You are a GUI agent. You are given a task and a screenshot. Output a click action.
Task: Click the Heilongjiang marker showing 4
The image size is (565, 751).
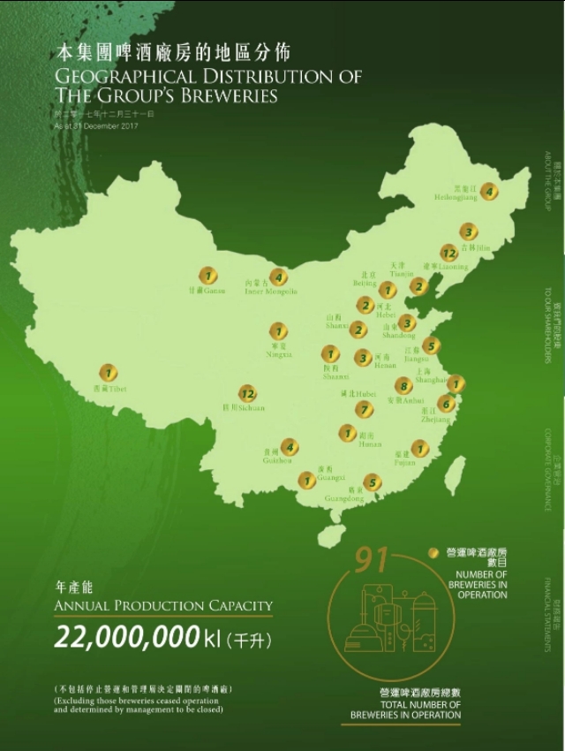[x=489, y=191]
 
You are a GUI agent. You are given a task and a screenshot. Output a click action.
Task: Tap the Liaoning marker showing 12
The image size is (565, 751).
[x=449, y=254]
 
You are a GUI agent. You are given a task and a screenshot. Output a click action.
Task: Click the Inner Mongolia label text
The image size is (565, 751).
[x=270, y=291]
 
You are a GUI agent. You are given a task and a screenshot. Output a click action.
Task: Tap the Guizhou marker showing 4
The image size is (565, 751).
[x=289, y=447]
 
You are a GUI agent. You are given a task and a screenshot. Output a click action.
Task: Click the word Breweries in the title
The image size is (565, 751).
[x=233, y=94]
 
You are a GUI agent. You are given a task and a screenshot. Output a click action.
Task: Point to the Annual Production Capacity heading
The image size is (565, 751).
[x=163, y=604]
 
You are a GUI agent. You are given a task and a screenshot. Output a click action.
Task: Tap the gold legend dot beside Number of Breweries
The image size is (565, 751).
[x=433, y=553]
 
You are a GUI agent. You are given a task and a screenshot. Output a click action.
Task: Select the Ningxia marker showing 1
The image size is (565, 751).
[x=279, y=331]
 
